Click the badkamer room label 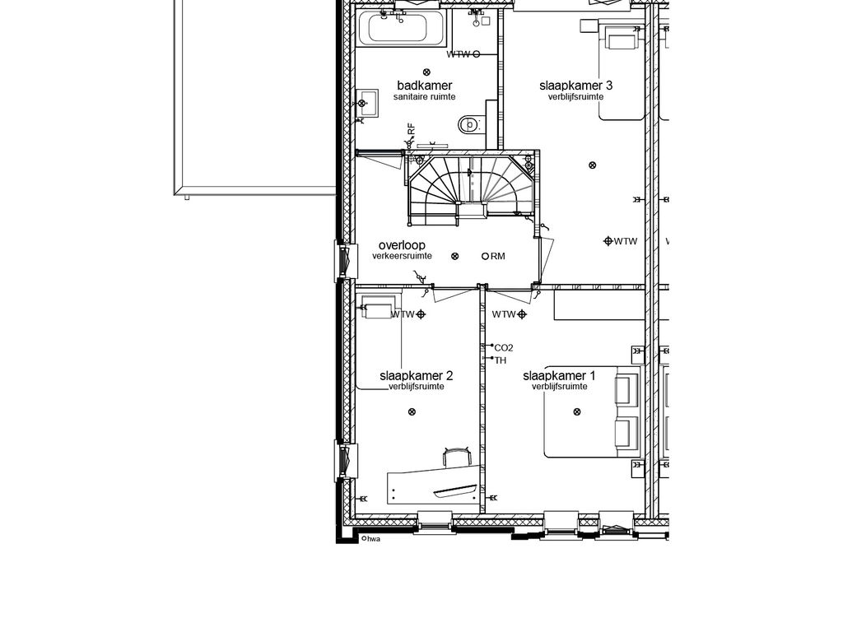pos(425,86)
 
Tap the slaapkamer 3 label pos(575,86)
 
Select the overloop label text pos(402,245)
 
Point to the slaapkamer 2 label pos(417,375)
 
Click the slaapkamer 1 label pos(559,375)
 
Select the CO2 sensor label pos(503,348)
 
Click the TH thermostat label pos(500,360)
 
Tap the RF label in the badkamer pos(412,129)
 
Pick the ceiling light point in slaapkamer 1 pos(577,412)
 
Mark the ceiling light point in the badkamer pos(427,72)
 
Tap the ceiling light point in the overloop pos(454,257)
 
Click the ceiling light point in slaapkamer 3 pos(593,165)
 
